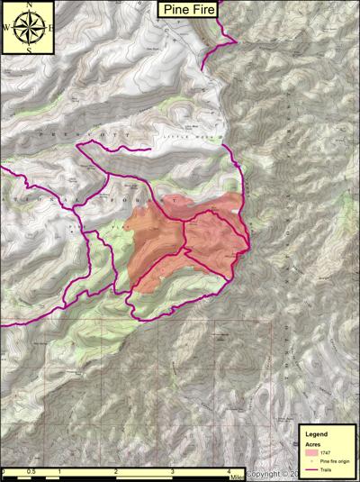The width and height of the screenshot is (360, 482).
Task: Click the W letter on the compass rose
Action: tap(7, 26)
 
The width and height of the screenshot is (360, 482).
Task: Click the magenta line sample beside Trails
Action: tap(310, 468)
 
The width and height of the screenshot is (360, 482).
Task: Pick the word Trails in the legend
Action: tap(328, 468)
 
